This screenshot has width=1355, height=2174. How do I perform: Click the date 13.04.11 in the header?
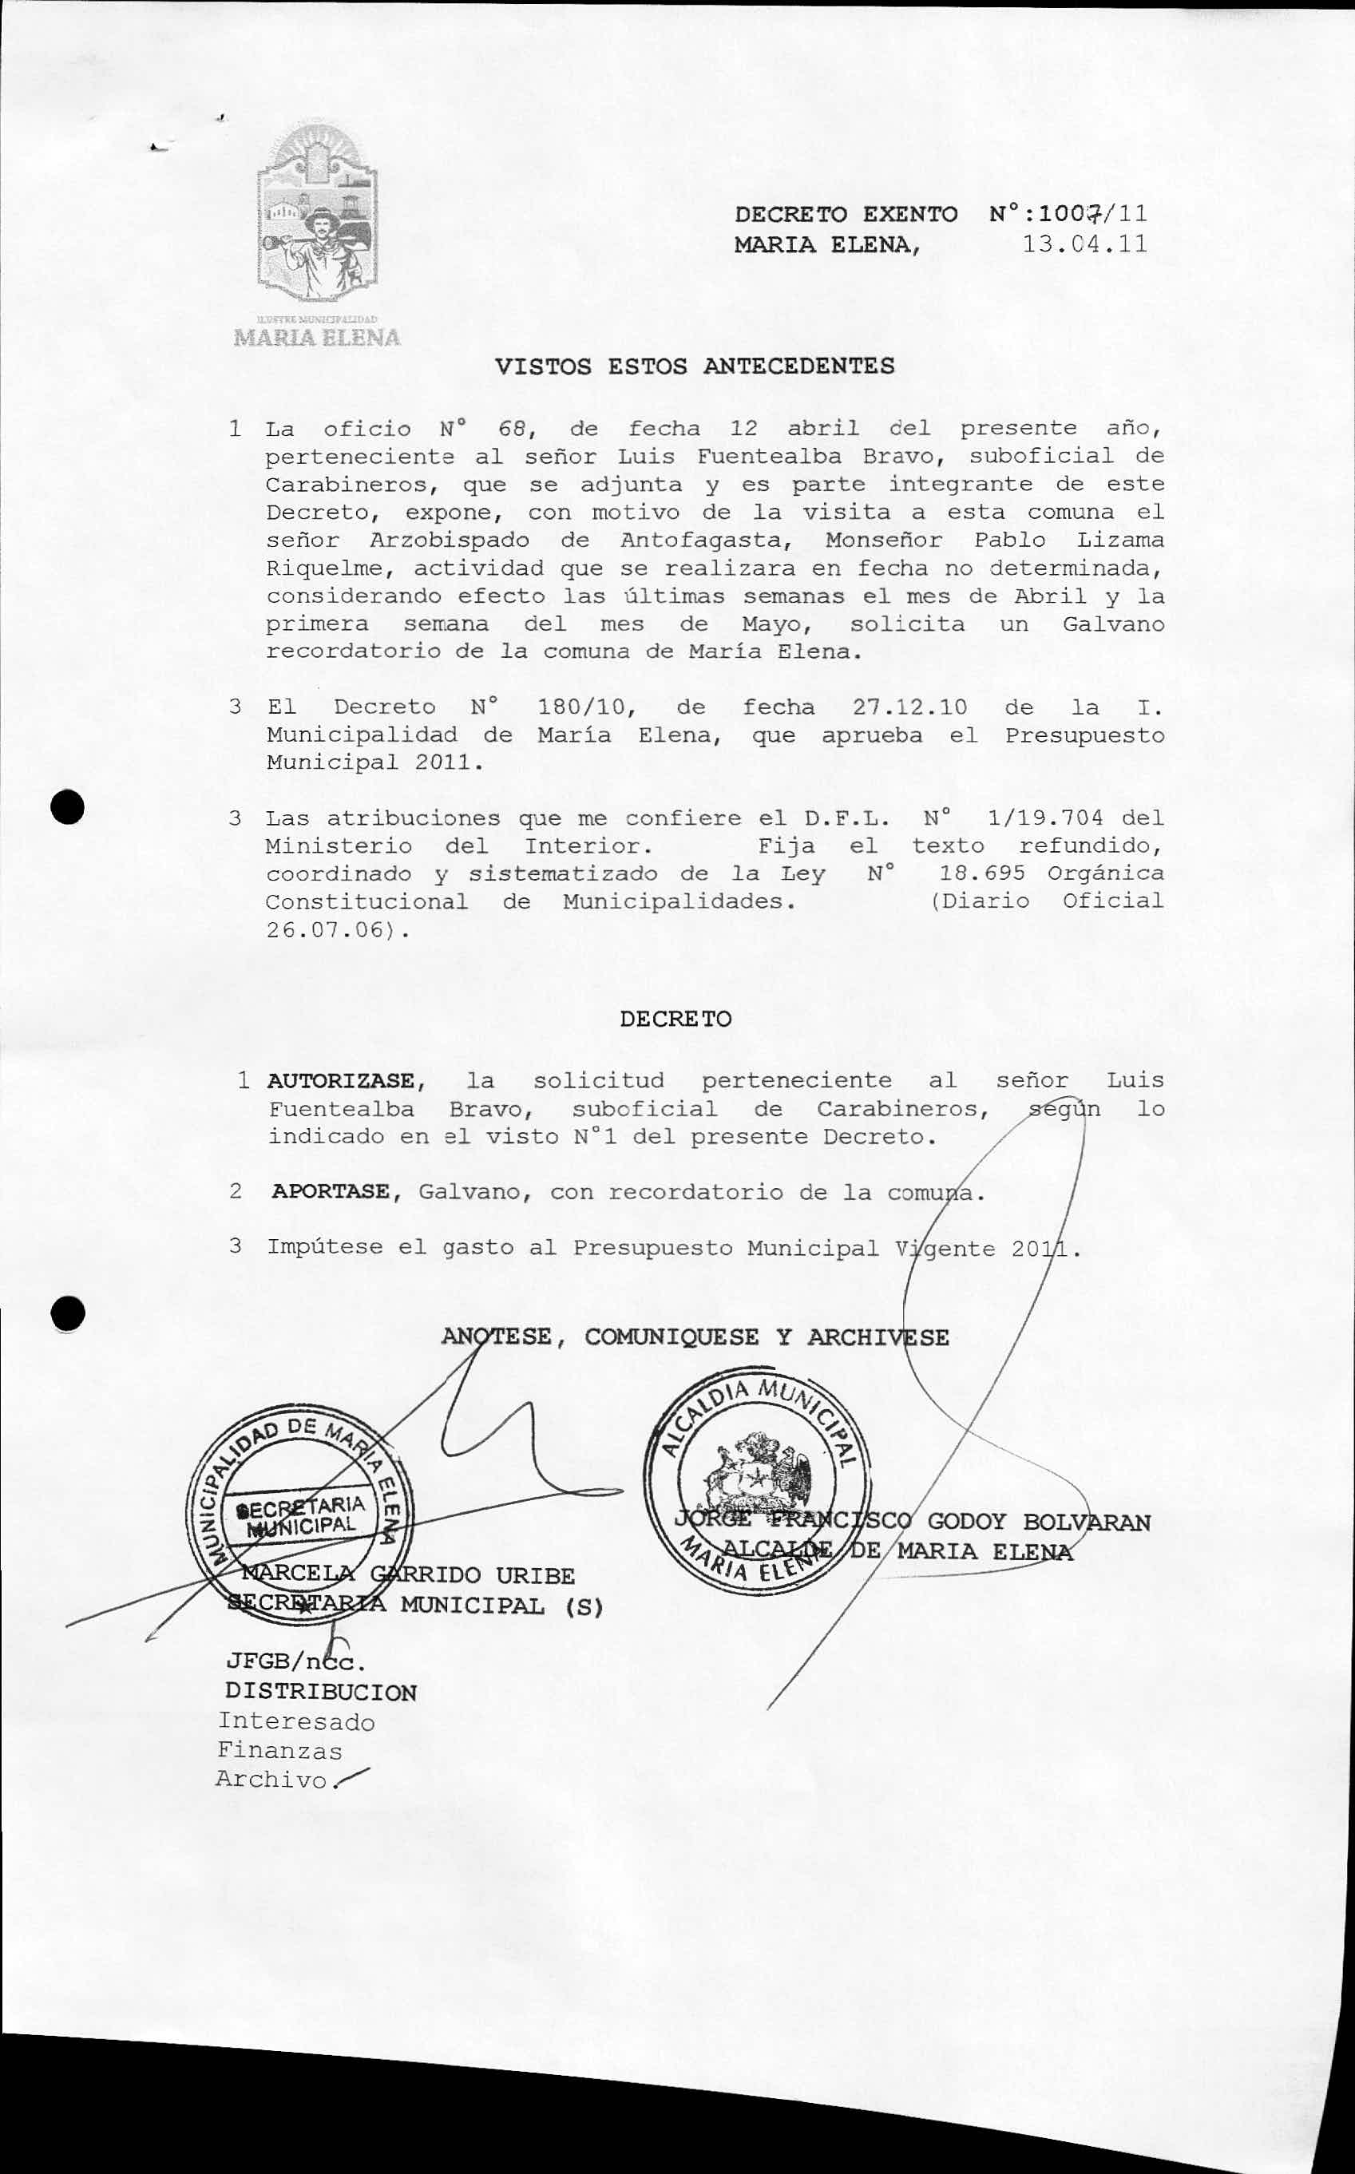point(1084,244)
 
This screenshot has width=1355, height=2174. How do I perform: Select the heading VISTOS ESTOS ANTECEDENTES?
point(695,366)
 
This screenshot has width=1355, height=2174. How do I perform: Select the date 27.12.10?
point(909,707)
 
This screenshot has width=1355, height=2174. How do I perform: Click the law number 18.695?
point(982,873)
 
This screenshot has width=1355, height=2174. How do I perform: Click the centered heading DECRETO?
point(676,1019)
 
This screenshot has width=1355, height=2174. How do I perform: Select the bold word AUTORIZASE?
point(340,1082)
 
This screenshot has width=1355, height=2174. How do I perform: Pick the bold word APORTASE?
point(331,1192)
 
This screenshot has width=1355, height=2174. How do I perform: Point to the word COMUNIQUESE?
point(672,1337)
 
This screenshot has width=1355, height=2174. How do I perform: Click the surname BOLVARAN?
point(1086,1523)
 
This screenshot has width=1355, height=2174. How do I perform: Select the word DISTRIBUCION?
point(321,1692)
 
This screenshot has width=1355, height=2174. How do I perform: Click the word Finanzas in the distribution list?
point(279,1750)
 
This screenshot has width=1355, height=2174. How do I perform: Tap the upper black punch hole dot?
point(67,807)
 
